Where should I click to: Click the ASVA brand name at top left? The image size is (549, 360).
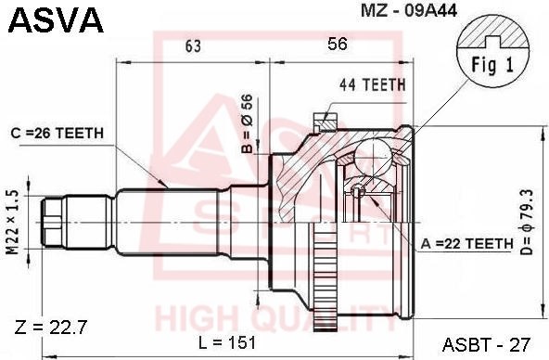point(56,20)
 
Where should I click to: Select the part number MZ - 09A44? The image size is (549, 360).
point(409,10)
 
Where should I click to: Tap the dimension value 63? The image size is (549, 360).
point(193,45)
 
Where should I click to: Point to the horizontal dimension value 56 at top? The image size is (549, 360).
point(338,44)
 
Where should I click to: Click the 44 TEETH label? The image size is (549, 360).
point(373,84)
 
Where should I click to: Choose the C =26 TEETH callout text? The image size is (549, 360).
point(57,133)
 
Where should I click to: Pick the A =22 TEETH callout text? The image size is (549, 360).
point(466,243)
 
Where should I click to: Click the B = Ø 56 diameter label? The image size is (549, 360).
point(247,123)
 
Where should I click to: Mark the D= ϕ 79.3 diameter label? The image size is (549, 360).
point(526,222)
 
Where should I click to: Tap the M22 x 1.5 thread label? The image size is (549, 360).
point(13,222)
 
